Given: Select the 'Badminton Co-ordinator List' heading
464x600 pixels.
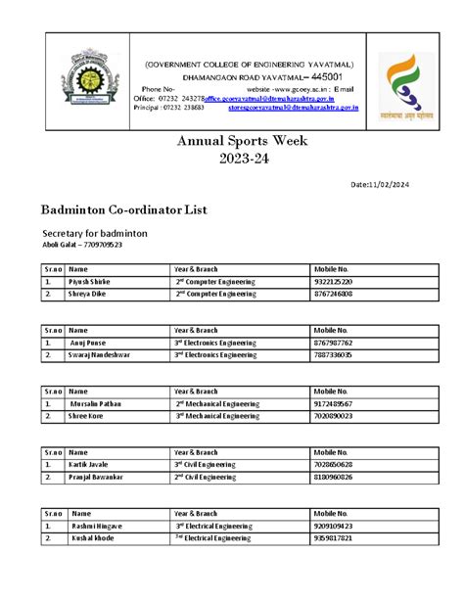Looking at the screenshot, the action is [x=123, y=209].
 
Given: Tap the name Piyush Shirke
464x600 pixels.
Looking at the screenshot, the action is [x=89, y=281].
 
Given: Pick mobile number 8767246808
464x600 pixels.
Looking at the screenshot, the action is [x=335, y=293].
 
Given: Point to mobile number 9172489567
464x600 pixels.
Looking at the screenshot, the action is [x=335, y=403].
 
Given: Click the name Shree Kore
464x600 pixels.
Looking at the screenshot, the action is [x=87, y=415].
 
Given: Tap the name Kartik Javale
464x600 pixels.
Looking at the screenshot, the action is [x=89, y=464].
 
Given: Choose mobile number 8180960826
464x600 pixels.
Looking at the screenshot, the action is [x=335, y=477].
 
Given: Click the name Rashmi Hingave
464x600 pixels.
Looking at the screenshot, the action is [x=96, y=526].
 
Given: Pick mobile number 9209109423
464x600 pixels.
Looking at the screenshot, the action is [x=335, y=526].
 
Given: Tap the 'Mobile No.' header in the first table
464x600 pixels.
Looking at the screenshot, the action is [x=331, y=268].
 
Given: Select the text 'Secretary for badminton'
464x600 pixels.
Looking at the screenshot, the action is [x=94, y=234].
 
